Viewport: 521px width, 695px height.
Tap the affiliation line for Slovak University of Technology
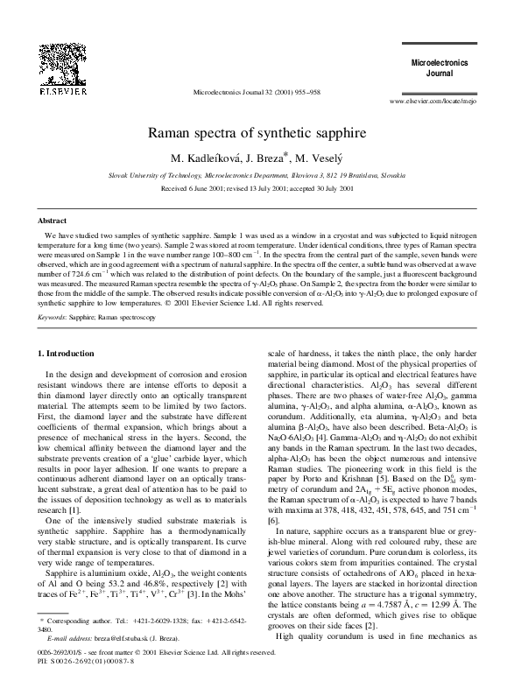click(x=260, y=174)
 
